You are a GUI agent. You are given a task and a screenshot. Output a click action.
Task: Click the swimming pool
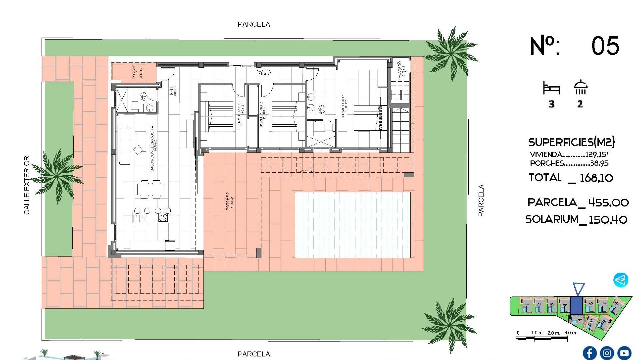click(x=353, y=225)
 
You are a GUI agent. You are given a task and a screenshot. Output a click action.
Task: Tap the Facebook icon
click(x=590, y=353)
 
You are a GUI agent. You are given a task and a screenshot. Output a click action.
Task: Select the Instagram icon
click(x=607, y=353)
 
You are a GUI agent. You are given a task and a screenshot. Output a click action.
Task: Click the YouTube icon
click(x=624, y=353)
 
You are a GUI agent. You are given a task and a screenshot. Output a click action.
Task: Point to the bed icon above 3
click(x=551, y=88)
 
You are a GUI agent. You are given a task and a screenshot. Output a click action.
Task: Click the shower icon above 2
click(x=580, y=88)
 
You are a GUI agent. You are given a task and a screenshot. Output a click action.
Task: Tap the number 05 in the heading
click(x=605, y=46)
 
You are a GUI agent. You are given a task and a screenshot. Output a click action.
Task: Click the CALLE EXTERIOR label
click(x=27, y=185)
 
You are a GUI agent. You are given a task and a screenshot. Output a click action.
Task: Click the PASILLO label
click(x=263, y=72)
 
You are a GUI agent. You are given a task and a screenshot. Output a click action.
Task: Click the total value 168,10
click(x=596, y=178)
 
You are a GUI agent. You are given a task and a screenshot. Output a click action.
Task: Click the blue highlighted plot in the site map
click(x=576, y=305)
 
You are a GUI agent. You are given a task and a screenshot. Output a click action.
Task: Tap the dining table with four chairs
click(x=151, y=189)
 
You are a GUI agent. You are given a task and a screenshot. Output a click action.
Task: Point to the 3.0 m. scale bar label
click(x=570, y=333)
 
